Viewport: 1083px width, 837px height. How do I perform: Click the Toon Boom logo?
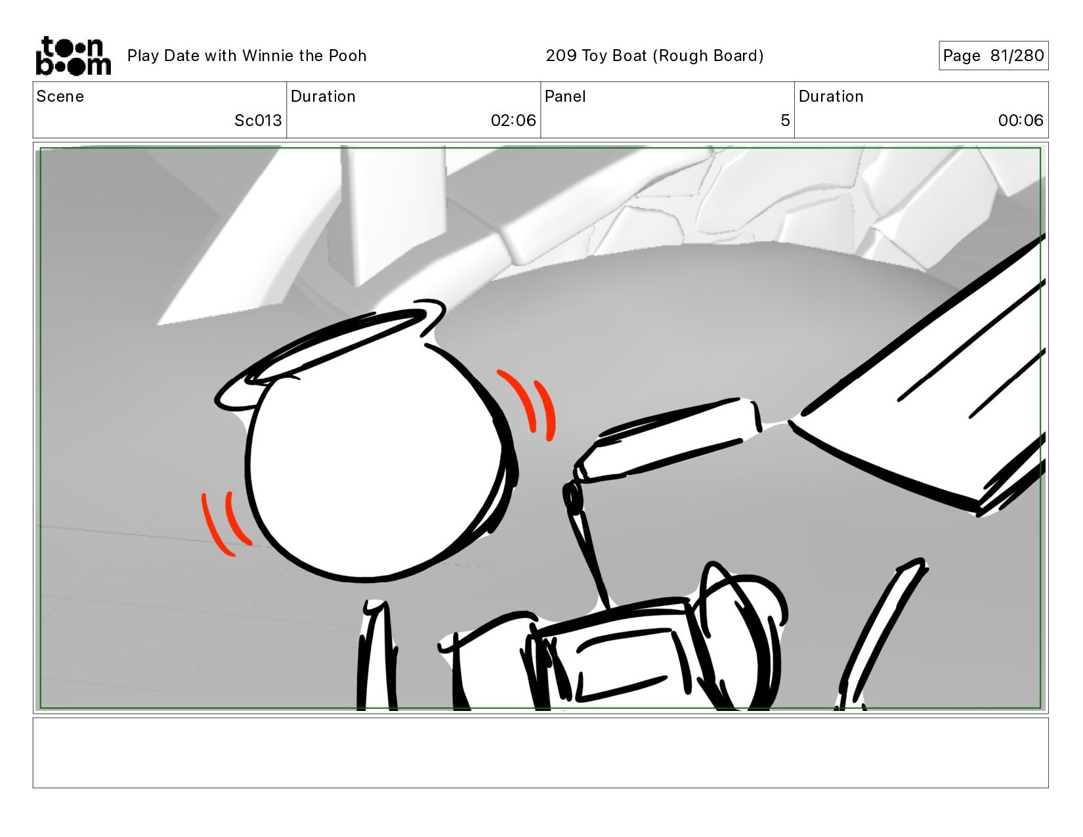[x=74, y=56]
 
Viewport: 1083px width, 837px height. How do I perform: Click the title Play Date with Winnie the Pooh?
[x=247, y=56]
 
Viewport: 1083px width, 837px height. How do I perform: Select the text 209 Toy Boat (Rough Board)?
[x=654, y=56]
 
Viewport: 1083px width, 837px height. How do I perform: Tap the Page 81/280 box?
[x=993, y=55]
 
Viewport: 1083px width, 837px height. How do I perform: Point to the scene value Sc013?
[x=258, y=121]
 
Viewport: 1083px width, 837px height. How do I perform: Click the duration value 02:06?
[x=513, y=121]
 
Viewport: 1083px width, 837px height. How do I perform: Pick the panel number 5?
[x=785, y=121]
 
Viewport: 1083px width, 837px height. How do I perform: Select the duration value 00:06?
[x=1021, y=121]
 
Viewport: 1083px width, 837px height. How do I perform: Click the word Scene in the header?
[x=60, y=97]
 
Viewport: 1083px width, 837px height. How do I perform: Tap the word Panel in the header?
[x=565, y=97]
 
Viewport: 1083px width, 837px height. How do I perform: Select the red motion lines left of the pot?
[x=224, y=523]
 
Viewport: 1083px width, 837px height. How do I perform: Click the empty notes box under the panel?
[x=541, y=753]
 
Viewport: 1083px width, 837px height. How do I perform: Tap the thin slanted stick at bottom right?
[x=880, y=633]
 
